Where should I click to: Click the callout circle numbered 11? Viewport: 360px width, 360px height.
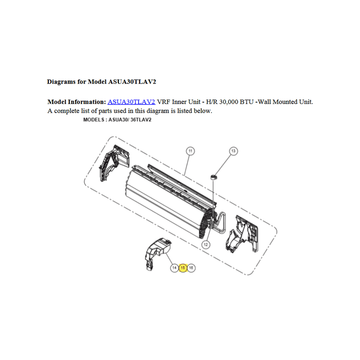pyautogui.click(x=190, y=151)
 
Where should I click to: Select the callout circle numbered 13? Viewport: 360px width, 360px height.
pyautogui.click(x=234, y=151)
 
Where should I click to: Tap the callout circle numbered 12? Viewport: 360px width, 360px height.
pyautogui.click(x=206, y=245)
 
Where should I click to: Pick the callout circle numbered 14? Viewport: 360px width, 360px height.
pyautogui.click(x=175, y=268)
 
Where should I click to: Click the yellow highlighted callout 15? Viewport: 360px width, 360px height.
pyautogui.click(x=183, y=268)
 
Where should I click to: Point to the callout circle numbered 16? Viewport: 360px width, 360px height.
pyautogui.click(x=191, y=268)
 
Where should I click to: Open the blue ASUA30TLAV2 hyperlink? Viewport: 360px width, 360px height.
pyautogui.click(x=131, y=102)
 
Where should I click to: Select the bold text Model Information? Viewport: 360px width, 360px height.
pyautogui.click(x=76, y=102)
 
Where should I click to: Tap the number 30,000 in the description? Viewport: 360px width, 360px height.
pyautogui.click(x=229, y=102)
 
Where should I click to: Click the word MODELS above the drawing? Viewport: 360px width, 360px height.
pyautogui.click(x=94, y=120)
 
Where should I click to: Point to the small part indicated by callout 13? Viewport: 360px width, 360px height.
pyautogui.click(x=214, y=177)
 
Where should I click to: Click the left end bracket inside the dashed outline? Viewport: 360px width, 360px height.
pyautogui.click(x=113, y=162)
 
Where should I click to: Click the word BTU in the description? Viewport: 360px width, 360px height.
pyautogui.click(x=247, y=102)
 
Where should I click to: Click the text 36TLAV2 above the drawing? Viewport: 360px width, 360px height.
pyautogui.click(x=141, y=120)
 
